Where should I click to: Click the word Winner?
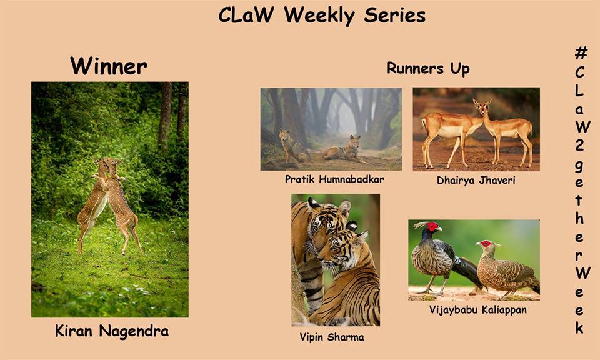(x=108, y=66)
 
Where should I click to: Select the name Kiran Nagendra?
(x=112, y=331)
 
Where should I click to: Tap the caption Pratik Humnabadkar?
(x=334, y=179)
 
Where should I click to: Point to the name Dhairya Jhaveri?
(x=476, y=180)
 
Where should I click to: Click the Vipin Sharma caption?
(x=332, y=337)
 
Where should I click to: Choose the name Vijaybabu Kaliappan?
(x=478, y=309)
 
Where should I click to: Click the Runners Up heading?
(x=428, y=69)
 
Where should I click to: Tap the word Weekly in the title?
(x=319, y=16)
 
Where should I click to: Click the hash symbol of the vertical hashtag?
(x=581, y=52)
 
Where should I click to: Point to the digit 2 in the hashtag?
(x=580, y=146)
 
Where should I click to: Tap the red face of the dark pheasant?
(x=432, y=227)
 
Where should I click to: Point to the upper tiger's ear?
(x=344, y=208)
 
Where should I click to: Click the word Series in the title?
(x=394, y=16)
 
